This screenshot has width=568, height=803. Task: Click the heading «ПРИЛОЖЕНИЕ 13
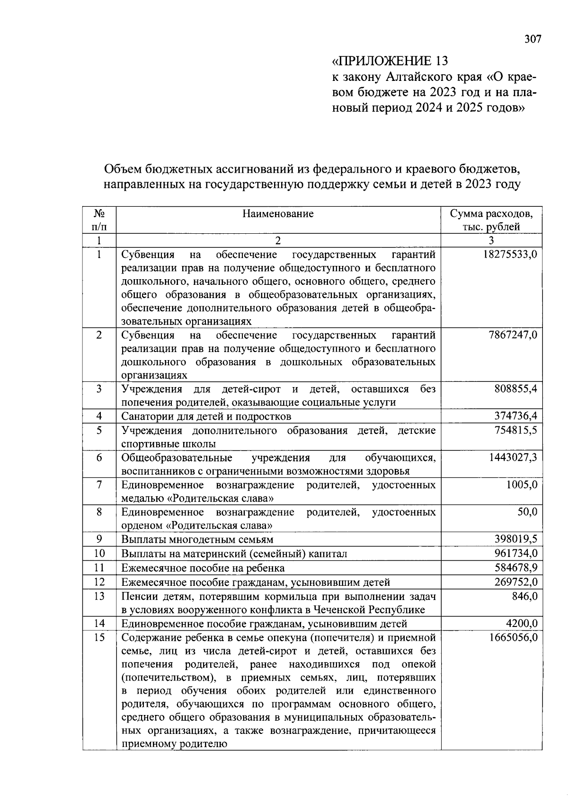[x=389, y=61]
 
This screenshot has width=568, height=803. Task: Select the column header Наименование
[x=278, y=213]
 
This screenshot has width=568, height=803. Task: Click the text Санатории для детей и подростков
[x=206, y=416]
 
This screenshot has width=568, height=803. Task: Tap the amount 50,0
[x=527, y=512]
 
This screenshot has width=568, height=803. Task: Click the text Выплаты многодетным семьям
[x=197, y=539]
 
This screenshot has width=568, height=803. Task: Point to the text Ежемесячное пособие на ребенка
[x=203, y=567]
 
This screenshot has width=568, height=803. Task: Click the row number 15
[x=99, y=637]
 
